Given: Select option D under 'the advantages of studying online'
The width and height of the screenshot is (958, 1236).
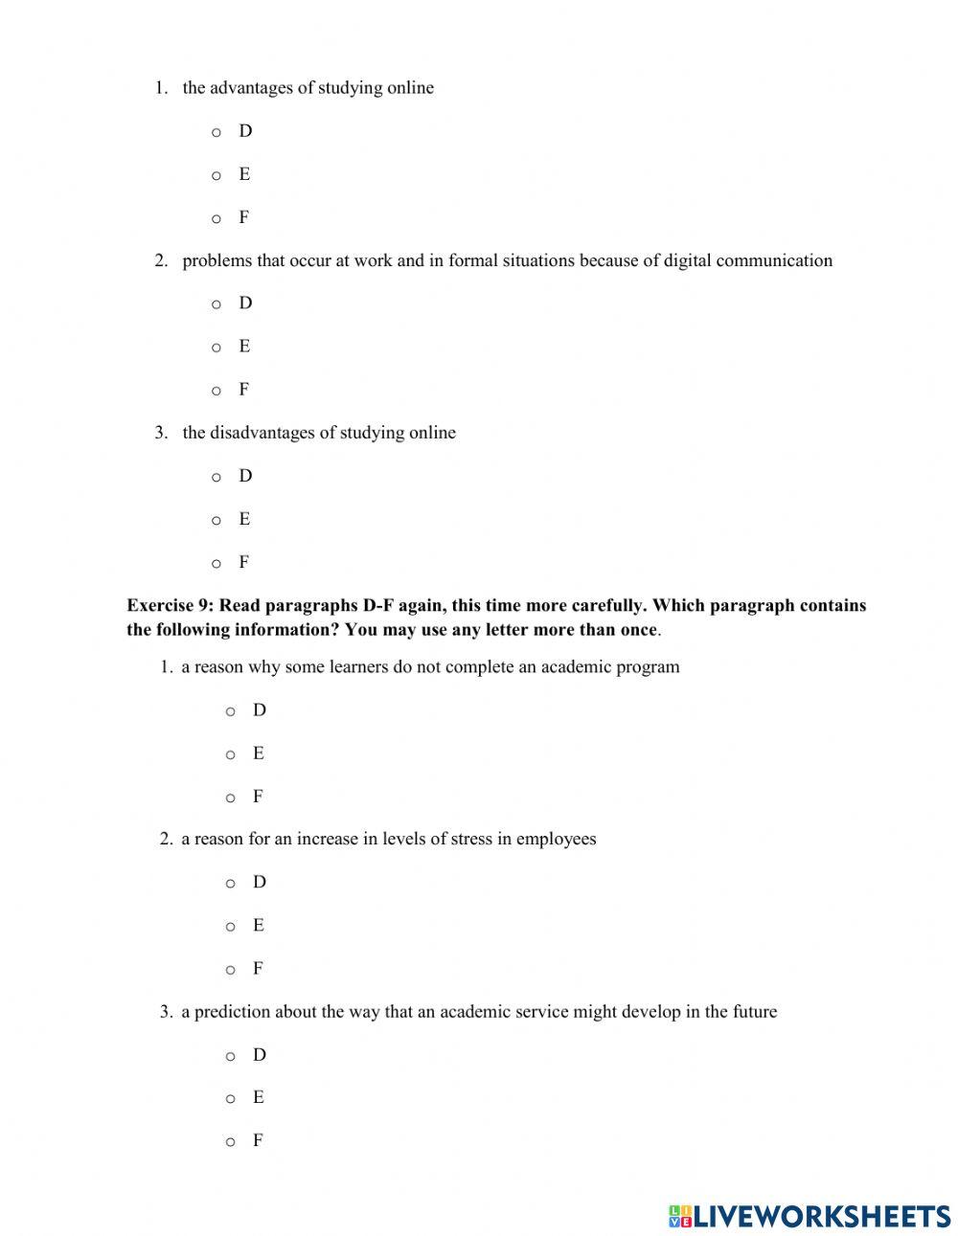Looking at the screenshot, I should point(217,132).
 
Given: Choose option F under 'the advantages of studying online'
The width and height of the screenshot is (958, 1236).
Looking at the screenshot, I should point(217,218).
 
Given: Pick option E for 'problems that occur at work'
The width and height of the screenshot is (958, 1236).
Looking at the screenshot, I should point(217,348).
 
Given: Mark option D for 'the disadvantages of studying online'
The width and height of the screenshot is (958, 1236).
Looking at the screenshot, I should point(217,477).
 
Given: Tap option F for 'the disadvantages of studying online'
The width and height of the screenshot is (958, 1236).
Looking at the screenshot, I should point(217,563).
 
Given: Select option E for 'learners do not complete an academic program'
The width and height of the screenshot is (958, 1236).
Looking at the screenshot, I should point(230,754).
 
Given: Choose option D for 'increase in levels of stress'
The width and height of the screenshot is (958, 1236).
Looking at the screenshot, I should point(230,884).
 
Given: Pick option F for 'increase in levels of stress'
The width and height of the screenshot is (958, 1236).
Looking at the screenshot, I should point(230,970).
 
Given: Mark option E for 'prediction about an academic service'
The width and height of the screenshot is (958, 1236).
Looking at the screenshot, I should point(230,1099).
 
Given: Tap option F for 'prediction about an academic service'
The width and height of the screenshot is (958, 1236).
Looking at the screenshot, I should point(230,1142).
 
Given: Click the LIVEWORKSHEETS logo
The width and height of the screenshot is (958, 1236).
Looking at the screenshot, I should point(809,1216).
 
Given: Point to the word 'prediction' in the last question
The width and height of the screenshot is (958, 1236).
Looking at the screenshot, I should point(233,1012).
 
